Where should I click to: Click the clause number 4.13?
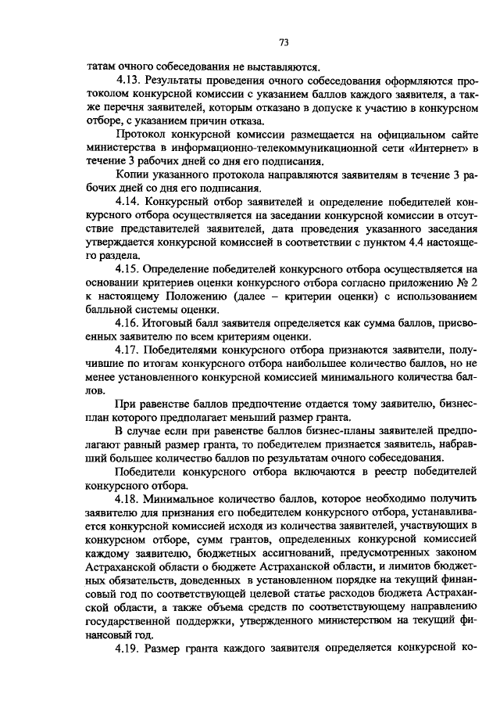click(128, 81)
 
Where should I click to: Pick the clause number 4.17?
click(128, 350)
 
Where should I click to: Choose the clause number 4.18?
click(128, 498)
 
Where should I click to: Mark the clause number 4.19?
click(128, 649)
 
